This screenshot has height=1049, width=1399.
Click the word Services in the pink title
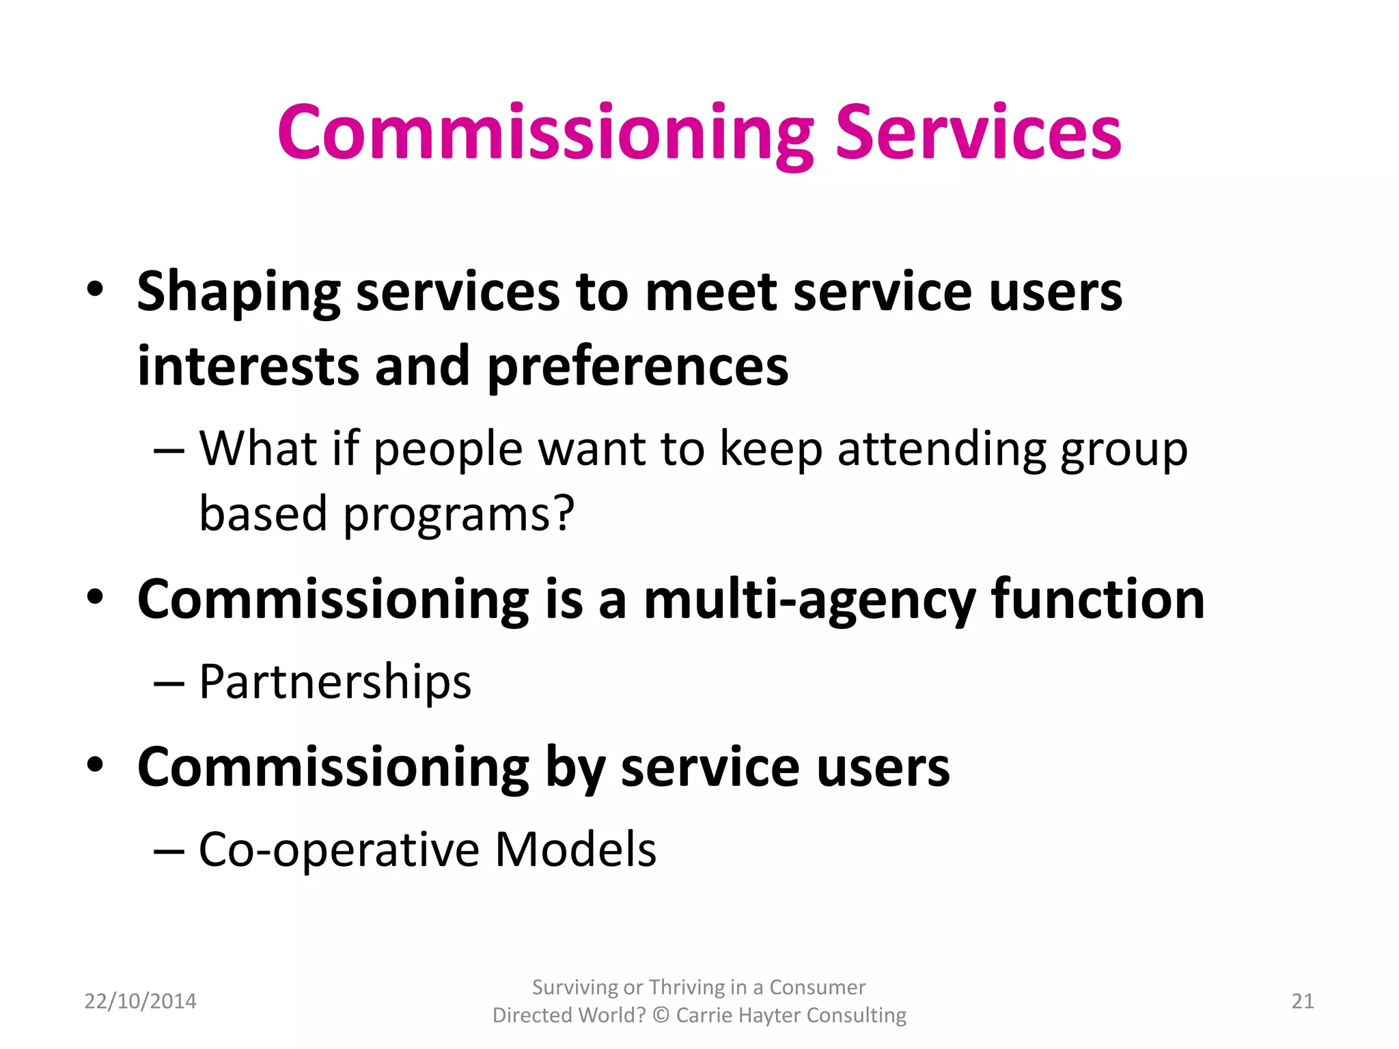978,132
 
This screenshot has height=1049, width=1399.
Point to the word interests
248,366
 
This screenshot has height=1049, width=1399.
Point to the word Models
575,850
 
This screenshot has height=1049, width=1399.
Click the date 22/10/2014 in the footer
140,1001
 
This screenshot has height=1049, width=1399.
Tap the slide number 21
1303,1001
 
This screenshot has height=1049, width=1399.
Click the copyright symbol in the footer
661,1016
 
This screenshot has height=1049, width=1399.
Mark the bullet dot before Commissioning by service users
96,765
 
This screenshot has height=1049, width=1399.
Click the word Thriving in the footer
687,988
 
